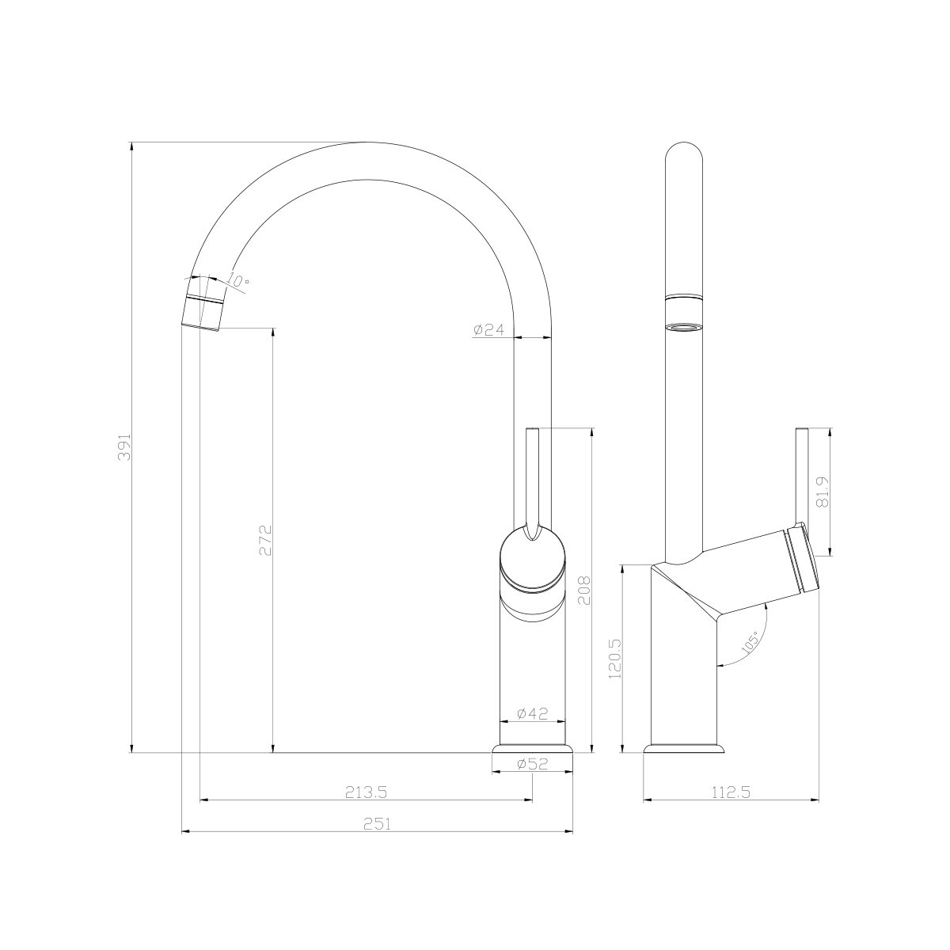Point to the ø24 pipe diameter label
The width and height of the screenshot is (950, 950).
tap(488, 330)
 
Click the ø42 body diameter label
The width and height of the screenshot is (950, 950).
tap(532, 713)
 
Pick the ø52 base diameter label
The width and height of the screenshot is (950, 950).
tap(532, 764)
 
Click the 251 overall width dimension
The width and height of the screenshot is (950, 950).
tap(378, 823)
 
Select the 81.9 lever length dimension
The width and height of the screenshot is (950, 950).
tap(823, 492)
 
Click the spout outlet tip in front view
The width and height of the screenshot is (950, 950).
tap(202, 317)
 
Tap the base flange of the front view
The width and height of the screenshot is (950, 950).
tap(532, 748)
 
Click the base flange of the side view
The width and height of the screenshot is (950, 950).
tap(684, 748)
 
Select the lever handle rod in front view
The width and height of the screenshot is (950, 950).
tap(533, 475)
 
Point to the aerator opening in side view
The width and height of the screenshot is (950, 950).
tap(684, 327)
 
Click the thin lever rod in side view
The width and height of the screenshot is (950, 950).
tap(802, 475)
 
